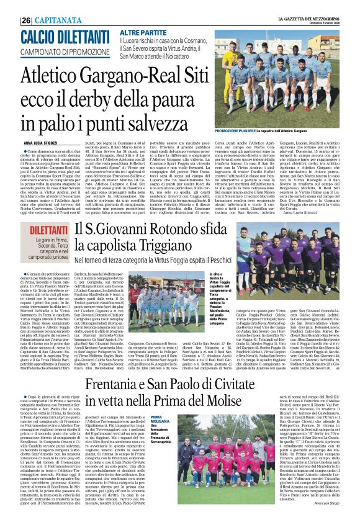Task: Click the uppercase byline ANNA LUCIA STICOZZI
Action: (x=44, y=142)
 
